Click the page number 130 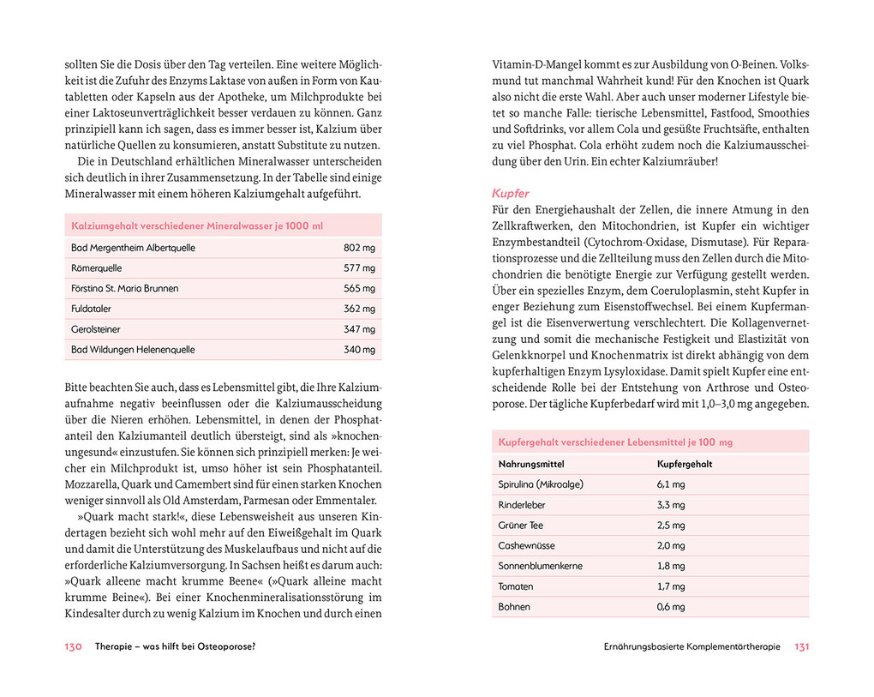tap(73, 647)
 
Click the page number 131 tap(801, 647)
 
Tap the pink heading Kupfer tap(511, 194)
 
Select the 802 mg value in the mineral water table tap(359, 248)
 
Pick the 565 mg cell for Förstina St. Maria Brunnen tap(359, 289)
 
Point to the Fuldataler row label tap(91, 309)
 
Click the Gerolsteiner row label tap(95, 329)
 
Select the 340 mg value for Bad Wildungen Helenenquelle tap(359, 350)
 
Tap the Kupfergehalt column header tap(685, 464)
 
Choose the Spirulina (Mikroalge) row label tap(541, 484)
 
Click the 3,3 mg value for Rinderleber tap(671, 505)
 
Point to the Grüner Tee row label tap(520, 526)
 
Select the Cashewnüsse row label tap(527, 546)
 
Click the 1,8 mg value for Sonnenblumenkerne tap(671, 566)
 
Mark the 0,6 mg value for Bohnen tap(671, 607)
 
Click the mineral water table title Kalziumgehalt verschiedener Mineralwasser tap(197, 226)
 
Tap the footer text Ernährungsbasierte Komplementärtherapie tap(691, 647)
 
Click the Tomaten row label tap(516, 586)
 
